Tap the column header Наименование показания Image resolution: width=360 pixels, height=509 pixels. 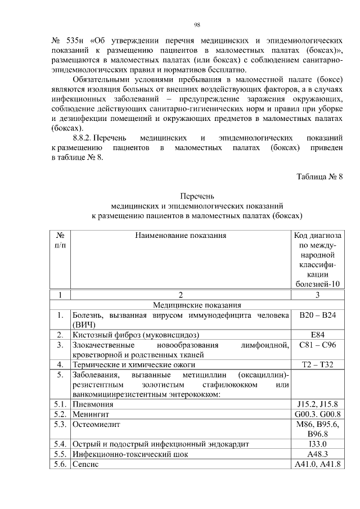pyautogui.click(x=181, y=235)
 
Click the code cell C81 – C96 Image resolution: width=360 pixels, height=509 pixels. pyautogui.click(x=318, y=344)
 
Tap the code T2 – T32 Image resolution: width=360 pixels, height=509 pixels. pyautogui.click(x=318, y=364)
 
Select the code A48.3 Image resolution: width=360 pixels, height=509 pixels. pyautogui.click(x=318, y=454)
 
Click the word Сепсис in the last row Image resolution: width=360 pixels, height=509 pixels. pyautogui.click(x=85, y=464)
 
